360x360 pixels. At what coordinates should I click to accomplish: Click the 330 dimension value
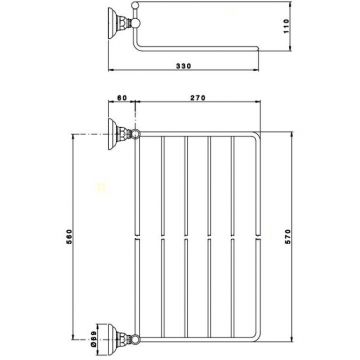184,66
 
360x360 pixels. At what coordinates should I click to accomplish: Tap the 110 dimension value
287,26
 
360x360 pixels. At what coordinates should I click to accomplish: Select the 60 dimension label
122,98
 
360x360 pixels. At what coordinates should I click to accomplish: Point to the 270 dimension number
199,98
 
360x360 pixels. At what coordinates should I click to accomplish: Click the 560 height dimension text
69,237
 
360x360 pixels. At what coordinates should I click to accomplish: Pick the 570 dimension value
288,237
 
